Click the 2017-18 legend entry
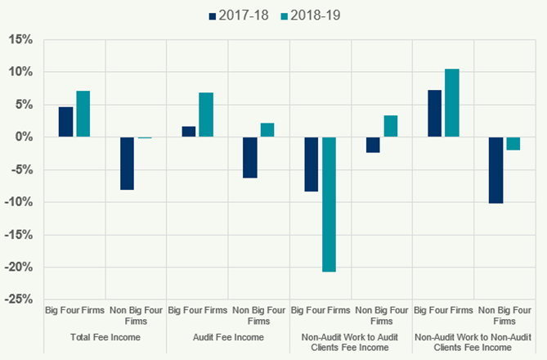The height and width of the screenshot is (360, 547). tap(242, 15)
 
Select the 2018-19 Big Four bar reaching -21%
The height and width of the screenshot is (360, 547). tap(329, 204)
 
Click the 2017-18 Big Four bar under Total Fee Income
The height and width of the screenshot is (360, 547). tap(65, 122)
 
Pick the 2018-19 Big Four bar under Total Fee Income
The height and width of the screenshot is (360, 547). tap(83, 114)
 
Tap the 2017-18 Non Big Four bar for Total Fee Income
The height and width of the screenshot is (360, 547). tap(127, 164)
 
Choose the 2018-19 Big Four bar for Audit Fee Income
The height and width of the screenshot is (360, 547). tap(206, 115)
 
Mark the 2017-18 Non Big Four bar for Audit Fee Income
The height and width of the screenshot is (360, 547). tap(249, 157)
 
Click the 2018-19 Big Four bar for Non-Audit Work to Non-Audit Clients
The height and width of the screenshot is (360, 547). tap(451, 103)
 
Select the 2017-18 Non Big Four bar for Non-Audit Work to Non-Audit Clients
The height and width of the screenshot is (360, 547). tap(495, 170)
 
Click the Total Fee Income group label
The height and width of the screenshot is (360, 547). tap(105, 336)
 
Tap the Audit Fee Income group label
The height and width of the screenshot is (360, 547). tap(228, 336)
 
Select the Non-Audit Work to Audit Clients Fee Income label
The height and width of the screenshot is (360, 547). tap(351, 341)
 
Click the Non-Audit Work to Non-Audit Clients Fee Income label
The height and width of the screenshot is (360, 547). tap(473, 341)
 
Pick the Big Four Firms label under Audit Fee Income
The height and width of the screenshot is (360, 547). tap(197, 311)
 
